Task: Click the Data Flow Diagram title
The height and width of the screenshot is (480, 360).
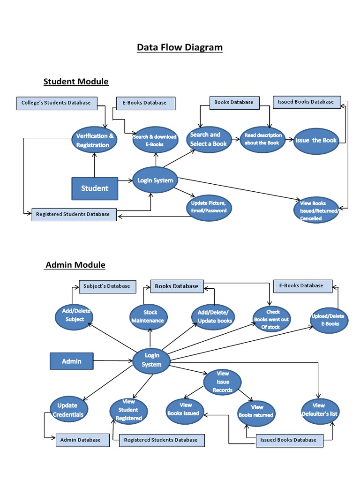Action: click(180, 47)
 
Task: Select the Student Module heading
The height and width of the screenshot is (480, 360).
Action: click(76, 82)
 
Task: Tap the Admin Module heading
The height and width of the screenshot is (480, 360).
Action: click(75, 265)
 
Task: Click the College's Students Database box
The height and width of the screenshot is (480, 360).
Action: click(56, 103)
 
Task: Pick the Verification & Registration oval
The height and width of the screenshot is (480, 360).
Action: click(94, 140)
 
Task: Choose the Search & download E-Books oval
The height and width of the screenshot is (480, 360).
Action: click(155, 140)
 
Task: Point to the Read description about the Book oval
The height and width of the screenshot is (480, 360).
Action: click(262, 139)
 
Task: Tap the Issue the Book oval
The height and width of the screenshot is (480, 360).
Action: click(316, 140)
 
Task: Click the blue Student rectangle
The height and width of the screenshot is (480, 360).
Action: click(95, 188)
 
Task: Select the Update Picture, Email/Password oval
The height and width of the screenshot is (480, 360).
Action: click(209, 207)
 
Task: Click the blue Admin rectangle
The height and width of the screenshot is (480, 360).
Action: click(72, 361)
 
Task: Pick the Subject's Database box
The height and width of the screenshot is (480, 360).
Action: click(107, 286)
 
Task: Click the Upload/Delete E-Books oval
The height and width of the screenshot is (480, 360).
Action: click(330, 320)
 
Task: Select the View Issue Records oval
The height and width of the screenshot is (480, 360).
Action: click(223, 382)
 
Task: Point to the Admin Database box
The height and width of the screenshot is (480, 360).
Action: click(80, 440)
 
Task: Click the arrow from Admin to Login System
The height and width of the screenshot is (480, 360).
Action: click(112, 361)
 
